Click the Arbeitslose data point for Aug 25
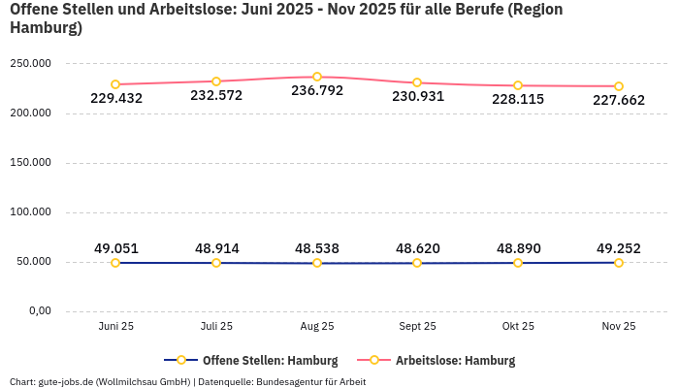coord(317,77)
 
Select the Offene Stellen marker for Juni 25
coord(115,263)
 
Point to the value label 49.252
coord(618,248)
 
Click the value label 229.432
coord(115,98)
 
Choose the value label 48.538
coord(317,248)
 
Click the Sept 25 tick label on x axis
coord(417,327)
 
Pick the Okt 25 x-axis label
coord(518,327)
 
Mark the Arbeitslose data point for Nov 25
coord(618,86)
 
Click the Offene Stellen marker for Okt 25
coord(518,263)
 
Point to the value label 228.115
coord(518,99)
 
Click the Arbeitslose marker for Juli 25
coord(216,81)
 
